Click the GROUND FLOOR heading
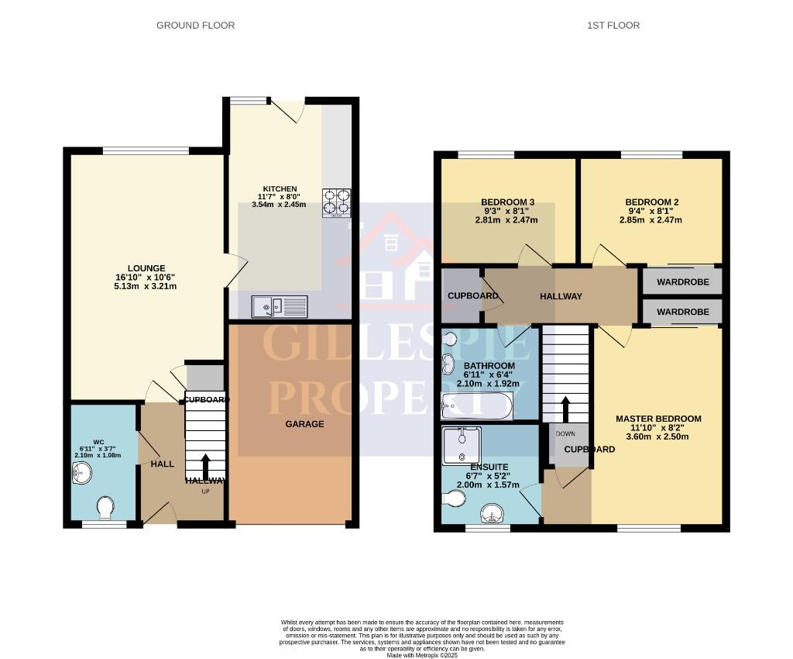pos(195,26)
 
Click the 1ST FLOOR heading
pos(613,26)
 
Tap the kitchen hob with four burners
pos(336,202)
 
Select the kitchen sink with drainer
pos(279,307)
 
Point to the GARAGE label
pos(304,424)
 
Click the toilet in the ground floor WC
pos(106,509)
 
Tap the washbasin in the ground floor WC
pos(81,471)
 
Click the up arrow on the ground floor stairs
pos(205,468)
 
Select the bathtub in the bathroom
pos(475,404)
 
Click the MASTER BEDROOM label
pos(658,419)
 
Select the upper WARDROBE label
pos(682,282)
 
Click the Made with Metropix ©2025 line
pos(422,654)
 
